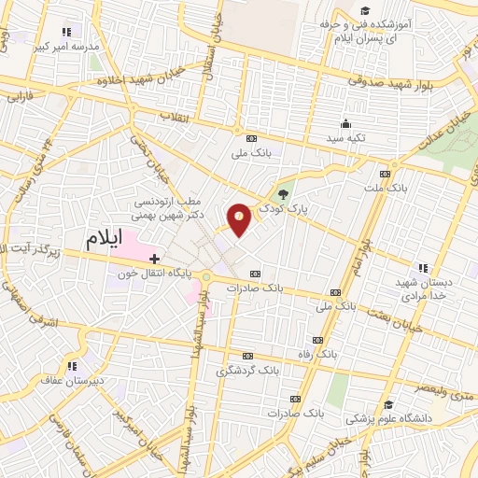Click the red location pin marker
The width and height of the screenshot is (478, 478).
[240, 219]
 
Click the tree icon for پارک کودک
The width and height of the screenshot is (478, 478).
[282, 194]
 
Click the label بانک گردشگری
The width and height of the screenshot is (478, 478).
[247, 370]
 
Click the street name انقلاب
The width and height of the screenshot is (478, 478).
[174, 116]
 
